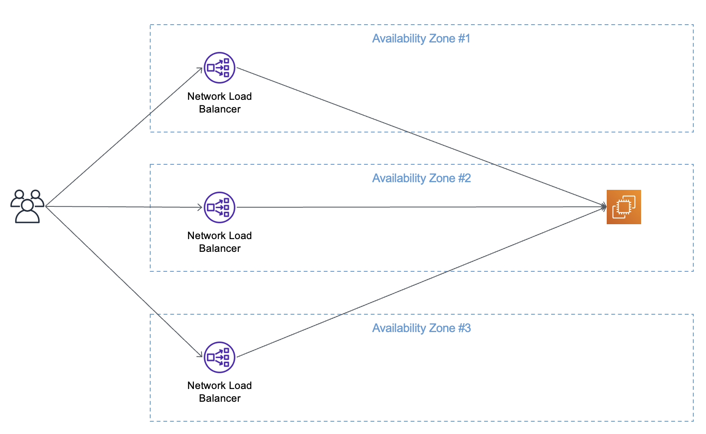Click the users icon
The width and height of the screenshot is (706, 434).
[x=28, y=206]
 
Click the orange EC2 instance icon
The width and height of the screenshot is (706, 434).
[x=624, y=207]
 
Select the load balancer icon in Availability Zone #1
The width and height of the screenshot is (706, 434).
[x=219, y=68]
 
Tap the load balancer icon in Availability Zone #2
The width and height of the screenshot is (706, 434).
[x=219, y=207]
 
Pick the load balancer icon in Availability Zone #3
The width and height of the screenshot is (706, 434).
[x=219, y=357]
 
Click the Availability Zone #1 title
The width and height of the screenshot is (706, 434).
[x=421, y=39]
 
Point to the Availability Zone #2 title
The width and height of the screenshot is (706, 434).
[x=421, y=178]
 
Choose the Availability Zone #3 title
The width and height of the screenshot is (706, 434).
[x=421, y=328]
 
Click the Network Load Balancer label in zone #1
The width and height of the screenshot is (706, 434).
[x=219, y=102]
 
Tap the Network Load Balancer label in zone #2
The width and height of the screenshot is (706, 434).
[x=219, y=242]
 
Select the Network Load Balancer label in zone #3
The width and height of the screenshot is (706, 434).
[x=219, y=392]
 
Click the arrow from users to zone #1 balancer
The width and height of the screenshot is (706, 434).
[x=124, y=137]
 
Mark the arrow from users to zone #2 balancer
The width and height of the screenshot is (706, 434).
[x=124, y=206]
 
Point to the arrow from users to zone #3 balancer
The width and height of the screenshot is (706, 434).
[x=124, y=282]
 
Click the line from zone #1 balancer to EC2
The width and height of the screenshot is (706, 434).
[x=421, y=137]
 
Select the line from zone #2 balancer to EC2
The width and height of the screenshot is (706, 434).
[x=421, y=207]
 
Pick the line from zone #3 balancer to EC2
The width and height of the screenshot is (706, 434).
[x=421, y=282]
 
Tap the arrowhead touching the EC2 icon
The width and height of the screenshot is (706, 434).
[x=604, y=207]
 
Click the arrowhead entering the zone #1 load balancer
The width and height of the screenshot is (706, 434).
[x=200, y=70]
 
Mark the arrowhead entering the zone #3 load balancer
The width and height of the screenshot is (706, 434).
[x=200, y=355]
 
